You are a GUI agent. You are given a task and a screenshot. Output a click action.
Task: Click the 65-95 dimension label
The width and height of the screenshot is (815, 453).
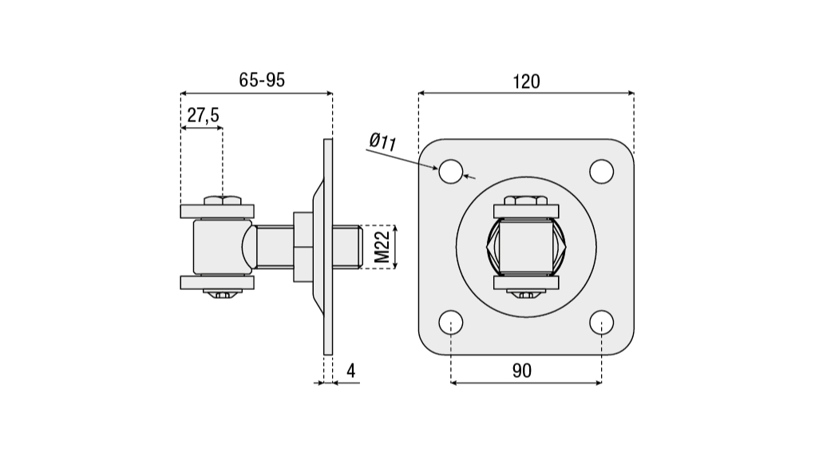coord(262,80)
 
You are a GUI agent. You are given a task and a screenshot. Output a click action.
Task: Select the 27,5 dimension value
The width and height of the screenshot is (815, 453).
coord(203,116)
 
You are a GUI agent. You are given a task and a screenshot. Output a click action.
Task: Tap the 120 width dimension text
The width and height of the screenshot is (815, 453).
coord(526,81)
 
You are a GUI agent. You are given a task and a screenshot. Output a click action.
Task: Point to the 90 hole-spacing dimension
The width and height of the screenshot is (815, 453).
coord(522,370)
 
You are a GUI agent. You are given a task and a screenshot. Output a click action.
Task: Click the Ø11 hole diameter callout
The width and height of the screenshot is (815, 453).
coord(384,142)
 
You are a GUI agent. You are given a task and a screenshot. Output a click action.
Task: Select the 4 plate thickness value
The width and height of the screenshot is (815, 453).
coord(350,370)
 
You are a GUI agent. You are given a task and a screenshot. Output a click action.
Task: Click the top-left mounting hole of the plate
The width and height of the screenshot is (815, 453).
coord(450,171)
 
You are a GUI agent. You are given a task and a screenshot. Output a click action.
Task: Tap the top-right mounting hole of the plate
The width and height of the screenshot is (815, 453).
coord(601,171)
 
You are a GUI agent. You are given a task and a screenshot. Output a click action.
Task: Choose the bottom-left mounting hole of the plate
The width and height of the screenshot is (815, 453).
coord(450,322)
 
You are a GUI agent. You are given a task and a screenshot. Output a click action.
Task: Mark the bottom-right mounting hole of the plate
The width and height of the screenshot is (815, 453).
coord(601,322)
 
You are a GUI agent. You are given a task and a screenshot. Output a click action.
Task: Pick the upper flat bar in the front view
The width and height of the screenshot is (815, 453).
coord(525,212)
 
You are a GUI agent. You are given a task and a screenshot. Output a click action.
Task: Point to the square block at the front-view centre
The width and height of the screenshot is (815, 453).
coord(525,246)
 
